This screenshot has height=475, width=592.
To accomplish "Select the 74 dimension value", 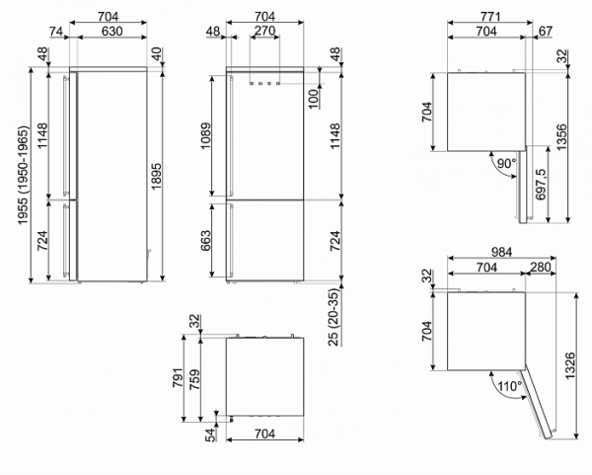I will click(57, 32).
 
